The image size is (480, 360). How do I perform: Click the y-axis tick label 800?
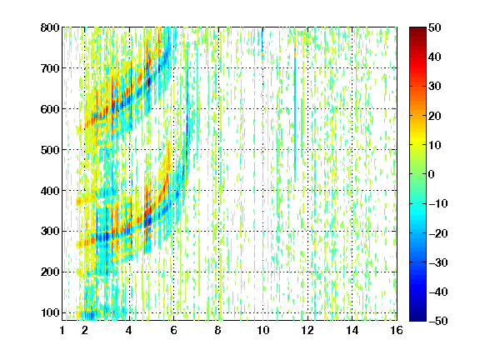(50, 27)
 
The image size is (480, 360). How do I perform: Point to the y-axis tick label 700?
(50, 68)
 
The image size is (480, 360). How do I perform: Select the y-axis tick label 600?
(50, 109)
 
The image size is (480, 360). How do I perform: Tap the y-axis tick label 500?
(50, 150)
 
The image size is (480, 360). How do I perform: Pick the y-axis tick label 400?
(50, 191)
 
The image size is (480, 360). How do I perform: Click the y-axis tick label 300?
(50, 232)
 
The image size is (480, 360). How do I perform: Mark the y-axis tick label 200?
(50, 272)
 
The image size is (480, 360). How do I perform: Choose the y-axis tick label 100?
(50, 312)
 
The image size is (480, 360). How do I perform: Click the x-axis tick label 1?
(62, 330)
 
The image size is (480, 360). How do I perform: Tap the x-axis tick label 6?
(173, 330)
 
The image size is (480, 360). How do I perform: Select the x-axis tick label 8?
(218, 330)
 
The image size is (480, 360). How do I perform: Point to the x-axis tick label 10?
(263, 330)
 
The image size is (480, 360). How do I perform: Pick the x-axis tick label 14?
(352, 330)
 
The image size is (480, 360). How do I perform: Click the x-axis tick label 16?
(397, 330)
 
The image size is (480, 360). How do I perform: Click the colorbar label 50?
(435, 27)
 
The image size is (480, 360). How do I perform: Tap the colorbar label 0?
(432, 174)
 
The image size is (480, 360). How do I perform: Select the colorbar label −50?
(438, 321)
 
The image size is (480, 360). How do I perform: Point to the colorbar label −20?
(438, 233)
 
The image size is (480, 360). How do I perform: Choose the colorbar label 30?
(435, 86)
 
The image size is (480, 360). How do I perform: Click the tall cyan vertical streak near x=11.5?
(295, 117)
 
